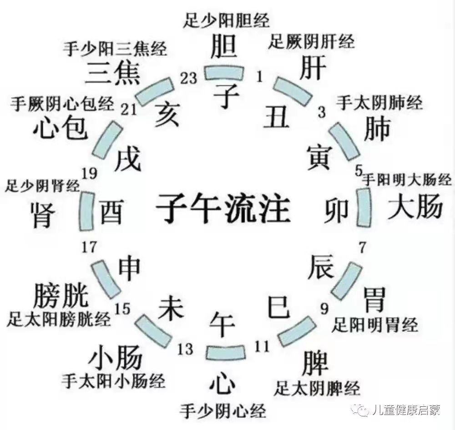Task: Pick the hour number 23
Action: click(188, 78)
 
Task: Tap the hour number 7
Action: click(362, 248)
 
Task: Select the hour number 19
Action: click(91, 173)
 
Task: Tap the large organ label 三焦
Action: click(114, 73)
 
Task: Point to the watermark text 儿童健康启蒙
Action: click(405, 410)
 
